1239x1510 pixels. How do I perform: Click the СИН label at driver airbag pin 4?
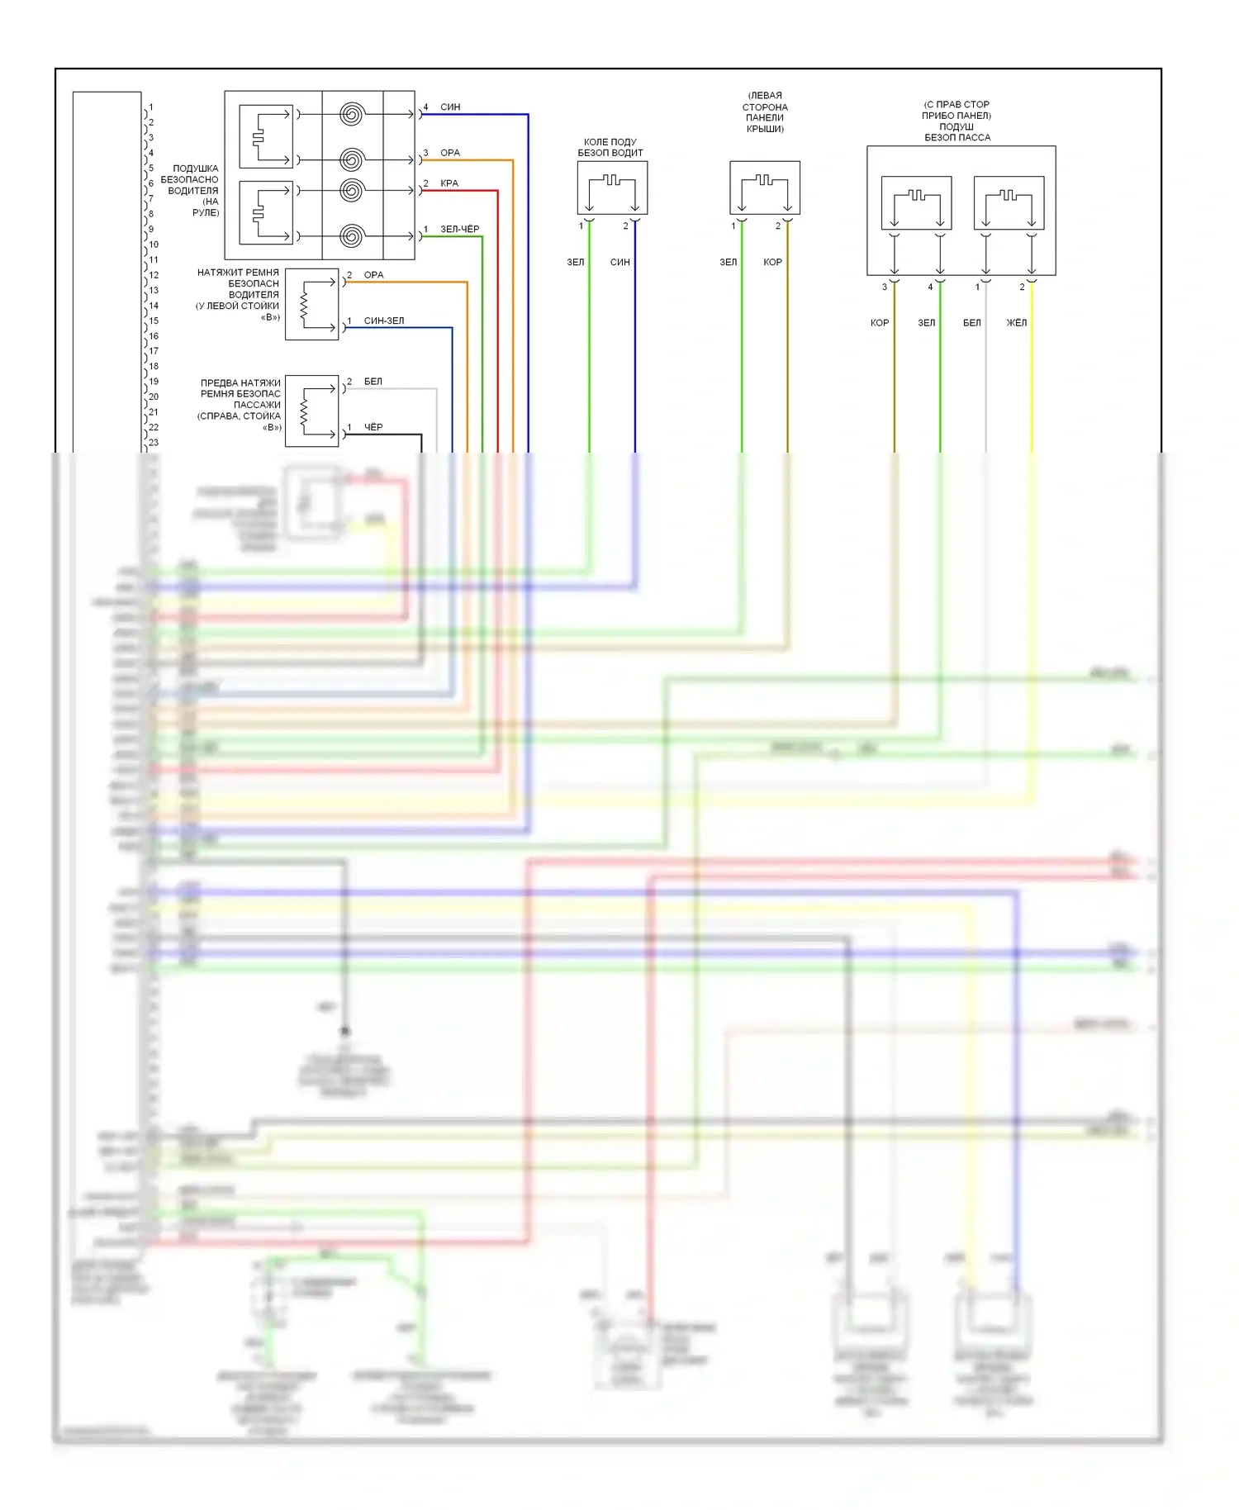click(450, 107)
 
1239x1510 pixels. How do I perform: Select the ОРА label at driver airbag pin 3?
click(450, 153)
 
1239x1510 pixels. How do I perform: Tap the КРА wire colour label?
click(449, 183)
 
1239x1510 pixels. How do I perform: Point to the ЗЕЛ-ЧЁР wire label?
click(459, 229)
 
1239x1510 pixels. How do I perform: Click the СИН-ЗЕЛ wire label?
click(384, 321)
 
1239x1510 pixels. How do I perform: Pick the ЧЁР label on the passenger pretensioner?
click(373, 427)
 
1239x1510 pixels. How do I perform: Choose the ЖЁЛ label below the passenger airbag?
click(1016, 323)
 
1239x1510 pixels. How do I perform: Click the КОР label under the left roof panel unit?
click(772, 262)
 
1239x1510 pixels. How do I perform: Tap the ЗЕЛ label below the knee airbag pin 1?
click(576, 262)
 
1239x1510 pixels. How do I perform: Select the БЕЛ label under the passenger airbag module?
click(972, 323)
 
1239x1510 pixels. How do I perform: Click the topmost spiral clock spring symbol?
click(352, 114)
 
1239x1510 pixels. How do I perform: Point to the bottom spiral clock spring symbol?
click(352, 236)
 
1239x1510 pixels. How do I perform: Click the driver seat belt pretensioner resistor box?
click(311, 304)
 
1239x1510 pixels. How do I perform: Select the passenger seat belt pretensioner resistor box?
click(311, 411)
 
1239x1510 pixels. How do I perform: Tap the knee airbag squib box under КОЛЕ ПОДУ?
click(612, 188)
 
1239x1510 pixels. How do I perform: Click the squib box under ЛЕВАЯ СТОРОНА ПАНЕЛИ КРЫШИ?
click(765, 188)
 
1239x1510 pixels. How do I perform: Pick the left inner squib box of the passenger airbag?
click(917, 202)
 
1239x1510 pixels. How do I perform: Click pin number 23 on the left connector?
click(154, 443)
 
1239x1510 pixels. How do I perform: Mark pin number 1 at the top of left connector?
click(151, 107)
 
